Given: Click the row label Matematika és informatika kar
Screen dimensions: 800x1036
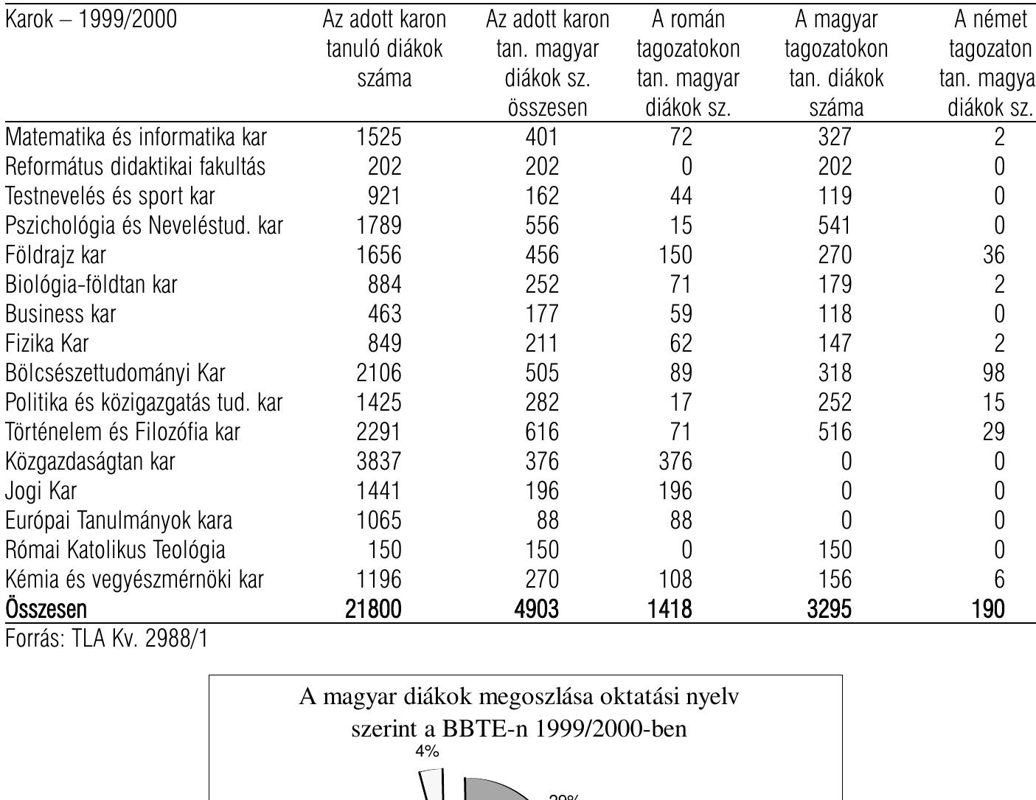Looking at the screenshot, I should [136, 138].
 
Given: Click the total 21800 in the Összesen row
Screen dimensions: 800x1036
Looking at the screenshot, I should [373, 610].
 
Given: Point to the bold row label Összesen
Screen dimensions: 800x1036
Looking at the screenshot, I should [46, 610].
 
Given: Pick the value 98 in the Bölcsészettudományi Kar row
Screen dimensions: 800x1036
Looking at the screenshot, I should [993, 374].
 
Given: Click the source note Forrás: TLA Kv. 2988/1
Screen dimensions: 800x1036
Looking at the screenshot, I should [107, 639].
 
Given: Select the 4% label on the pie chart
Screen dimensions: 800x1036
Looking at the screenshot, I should [427, 751].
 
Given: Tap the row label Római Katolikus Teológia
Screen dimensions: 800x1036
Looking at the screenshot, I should [116, 551].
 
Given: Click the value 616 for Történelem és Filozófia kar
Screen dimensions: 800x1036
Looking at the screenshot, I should [542, 433].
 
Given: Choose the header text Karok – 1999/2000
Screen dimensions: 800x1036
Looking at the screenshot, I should [91, 20].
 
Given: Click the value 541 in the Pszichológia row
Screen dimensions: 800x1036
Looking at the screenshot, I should [835, 226].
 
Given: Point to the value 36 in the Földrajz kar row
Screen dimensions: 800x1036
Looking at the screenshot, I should [993, 256].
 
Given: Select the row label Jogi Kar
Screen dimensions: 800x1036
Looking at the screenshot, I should [41, 492].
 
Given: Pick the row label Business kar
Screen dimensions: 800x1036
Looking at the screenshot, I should [61, 315].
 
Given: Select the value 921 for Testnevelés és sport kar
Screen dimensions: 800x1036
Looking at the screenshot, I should [385, 197].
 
